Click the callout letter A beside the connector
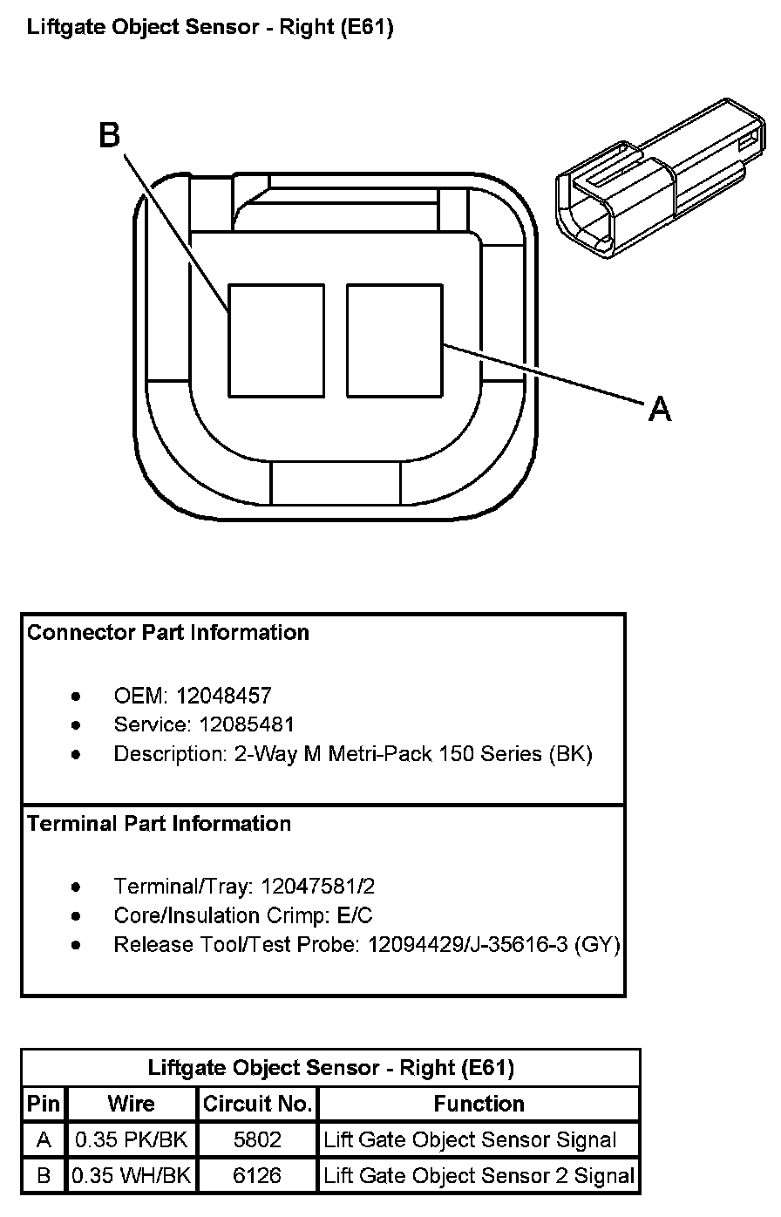[660, 409]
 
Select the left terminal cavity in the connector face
[276, 341]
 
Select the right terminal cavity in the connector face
[395, 341]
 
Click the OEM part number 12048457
[224, 696]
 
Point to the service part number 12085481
[247, 724]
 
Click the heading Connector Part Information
[168, 632]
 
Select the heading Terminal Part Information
[160, 824]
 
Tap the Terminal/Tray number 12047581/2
[318, 886]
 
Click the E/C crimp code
[355, 915]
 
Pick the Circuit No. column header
[257, 1104]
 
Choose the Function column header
[479, 1104]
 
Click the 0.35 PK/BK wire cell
[131, 1139]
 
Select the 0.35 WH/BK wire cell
[131, 1175]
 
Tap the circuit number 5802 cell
[257, 1139]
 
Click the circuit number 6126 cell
[257, 1175]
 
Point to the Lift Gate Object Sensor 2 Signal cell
[479, 1175]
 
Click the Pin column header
[44, 1104]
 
